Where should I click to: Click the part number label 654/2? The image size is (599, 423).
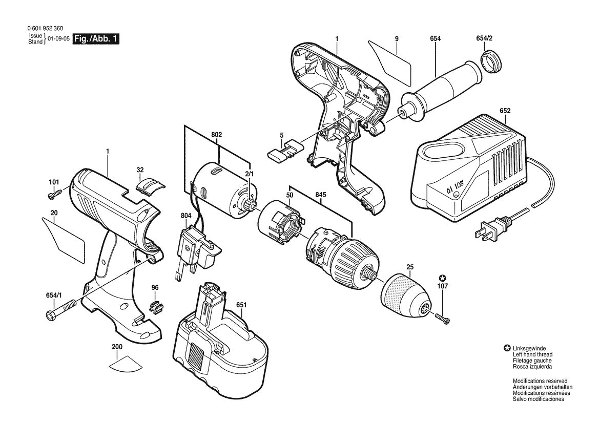(484, 39)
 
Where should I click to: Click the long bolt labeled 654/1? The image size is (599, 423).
(61, 309)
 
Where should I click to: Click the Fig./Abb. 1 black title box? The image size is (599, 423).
(97, 39)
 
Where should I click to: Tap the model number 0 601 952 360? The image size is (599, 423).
(46, 29)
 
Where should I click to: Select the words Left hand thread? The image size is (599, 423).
(532, 354)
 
